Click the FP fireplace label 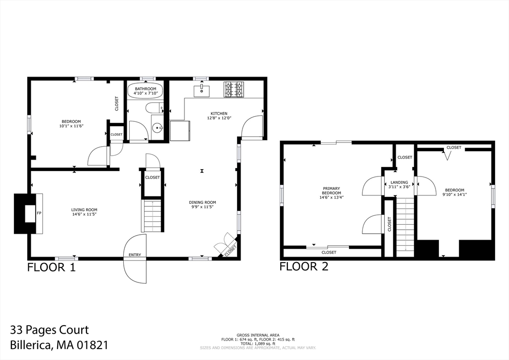(x=39, y=213)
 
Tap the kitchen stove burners (x=234, y=90)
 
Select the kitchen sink (x=202, y=90)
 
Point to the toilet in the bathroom (x=154, y=107)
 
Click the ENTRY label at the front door (x=135, y=255)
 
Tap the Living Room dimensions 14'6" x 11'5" (x=85, y=214)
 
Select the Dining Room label (x=203, y=202)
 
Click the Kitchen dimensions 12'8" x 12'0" (x=219, y=118)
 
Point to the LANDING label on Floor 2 (x=399, y=182)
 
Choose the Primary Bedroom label (x=332, y=190)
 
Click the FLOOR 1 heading (x=51, y=268)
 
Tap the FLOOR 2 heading (x=304, y=266)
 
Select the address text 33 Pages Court (x=49, y=330)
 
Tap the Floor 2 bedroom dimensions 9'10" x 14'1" (x=454, y=194)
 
